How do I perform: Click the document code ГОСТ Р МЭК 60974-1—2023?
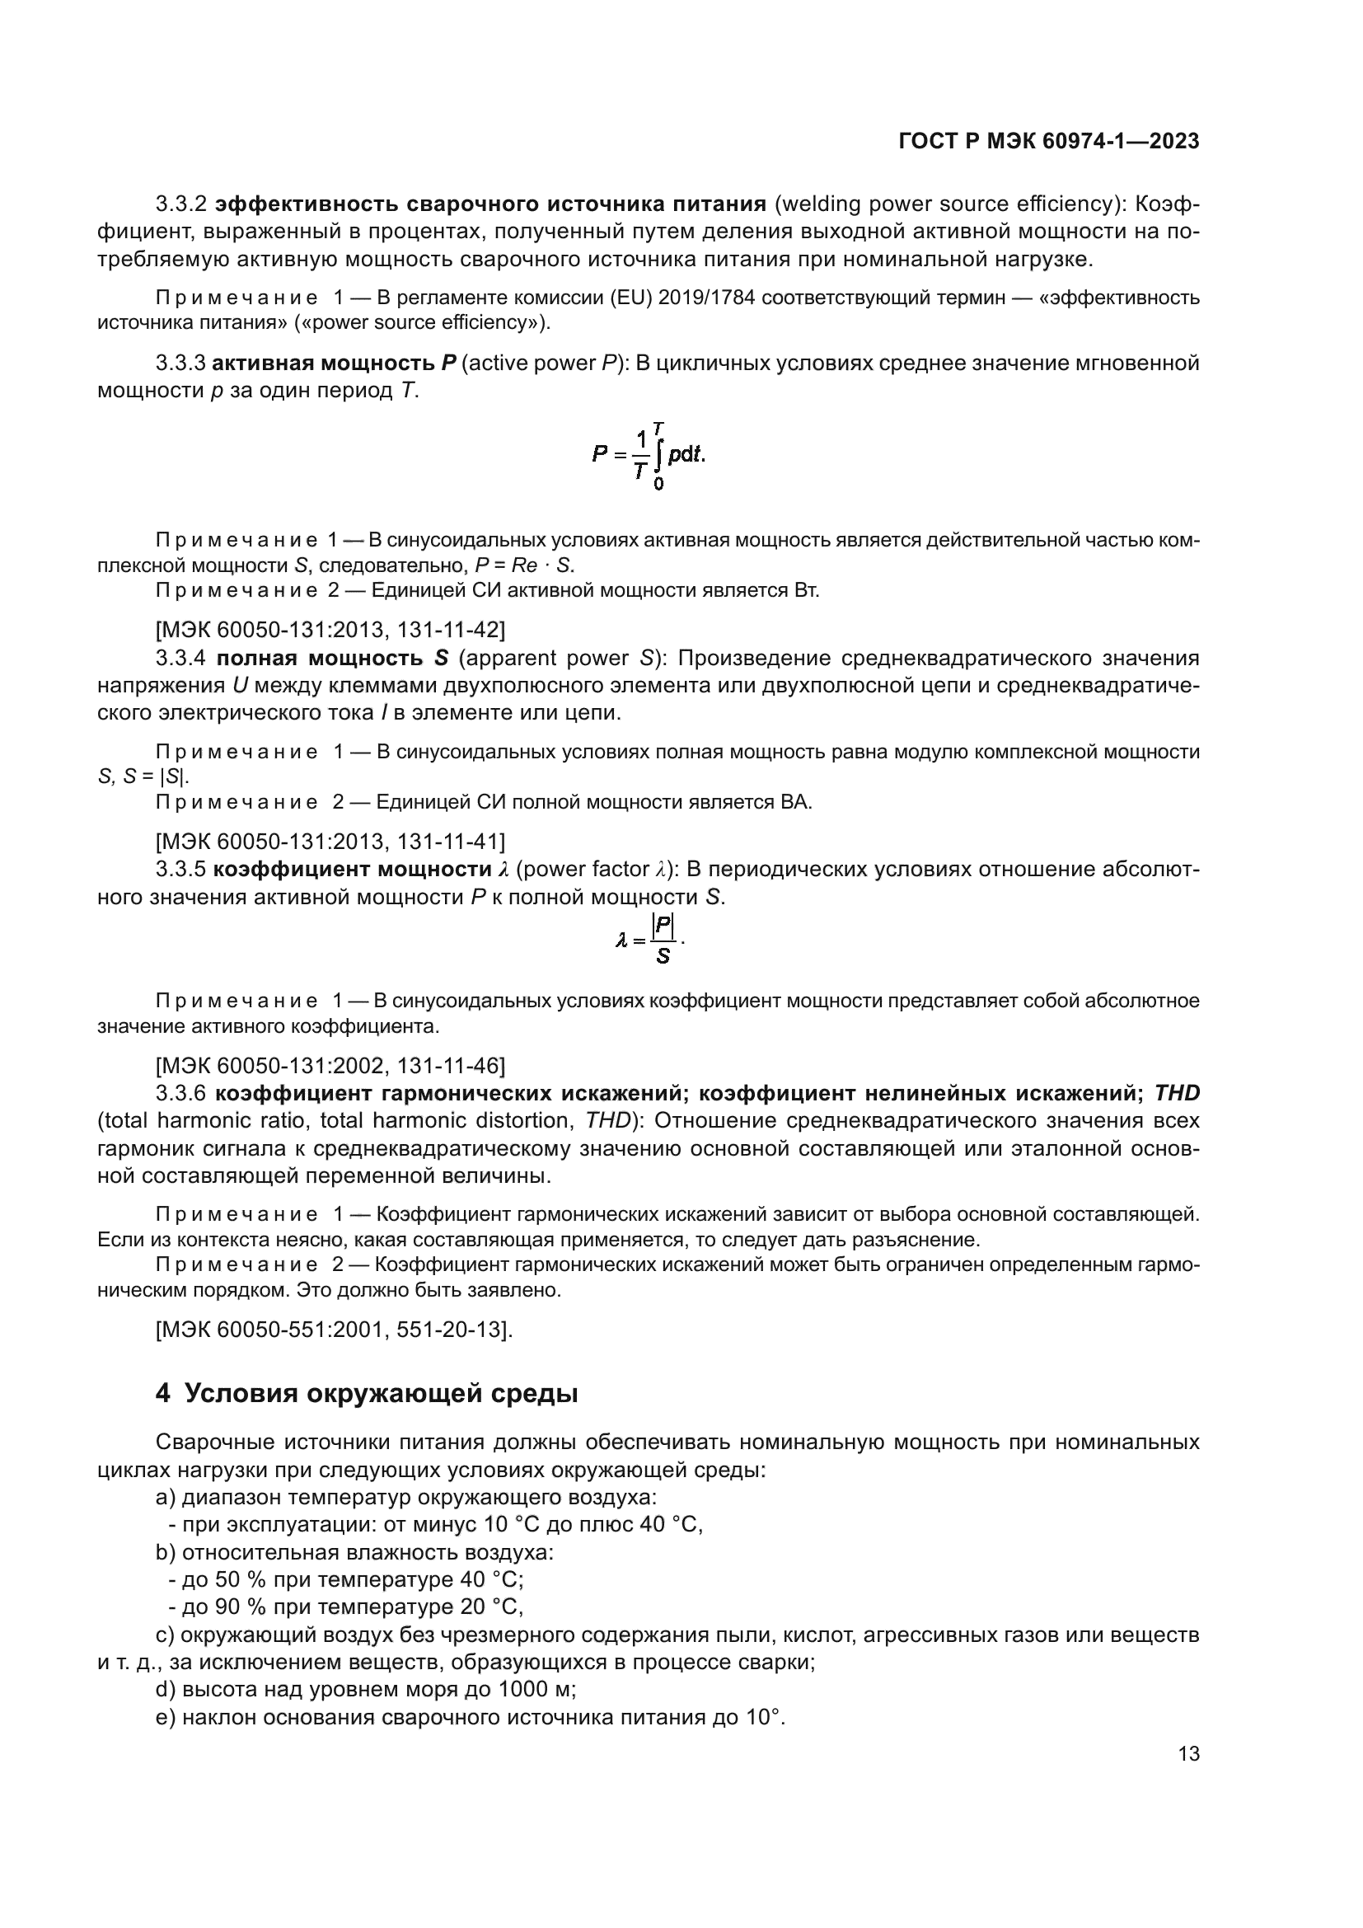click(1048, 142)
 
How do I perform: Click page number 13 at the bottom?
click(1188, 1753)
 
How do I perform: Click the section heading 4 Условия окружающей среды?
click(367, 1393)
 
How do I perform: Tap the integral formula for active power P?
click(649, 456)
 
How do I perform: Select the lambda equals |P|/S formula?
click(650, 940)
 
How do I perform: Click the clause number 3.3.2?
click(181, 204)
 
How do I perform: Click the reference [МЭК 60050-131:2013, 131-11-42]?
click(330, 629)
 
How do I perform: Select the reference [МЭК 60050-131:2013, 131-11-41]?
click(330, 841)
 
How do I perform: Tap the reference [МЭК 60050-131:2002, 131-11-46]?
click(330, 1066)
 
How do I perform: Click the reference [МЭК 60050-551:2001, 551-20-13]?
click(334, 1330)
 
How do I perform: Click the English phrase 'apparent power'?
click(550, 658)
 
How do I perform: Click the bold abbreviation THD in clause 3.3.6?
click(1177, 1093)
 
